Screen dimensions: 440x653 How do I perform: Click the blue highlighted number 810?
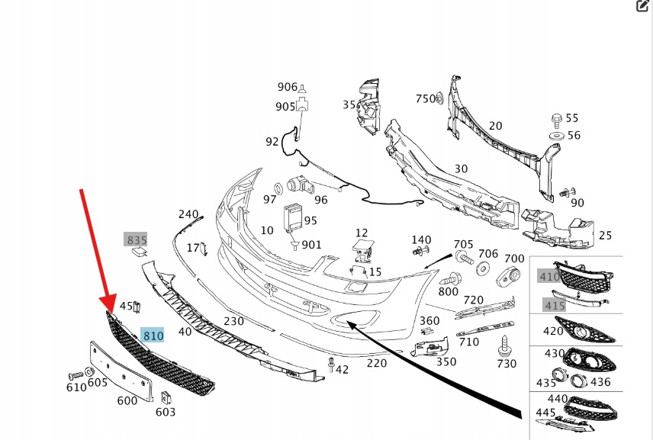[x=153, y=335]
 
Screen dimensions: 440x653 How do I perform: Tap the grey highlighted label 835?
[x=137, y=240]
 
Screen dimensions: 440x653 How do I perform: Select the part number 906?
[x=287, y=87]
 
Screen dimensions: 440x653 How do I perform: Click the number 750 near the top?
[x=424, y=98]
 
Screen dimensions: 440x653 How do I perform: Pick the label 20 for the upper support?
[x=495, y=126]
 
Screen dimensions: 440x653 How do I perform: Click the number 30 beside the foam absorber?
[x=461, y=169]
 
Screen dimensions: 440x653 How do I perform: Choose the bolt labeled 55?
[x=556, y=119]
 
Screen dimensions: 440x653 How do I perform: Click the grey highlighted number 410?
[x=549, y=276]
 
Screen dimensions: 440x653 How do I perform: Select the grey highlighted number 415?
[x=555, y=305]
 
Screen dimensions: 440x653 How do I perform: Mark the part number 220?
[x=376, y=363]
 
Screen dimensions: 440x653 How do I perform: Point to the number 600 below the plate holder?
[x=127, y=400]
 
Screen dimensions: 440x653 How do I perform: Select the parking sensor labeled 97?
[x=280, y=188]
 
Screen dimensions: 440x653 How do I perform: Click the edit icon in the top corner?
[x=642, y=7]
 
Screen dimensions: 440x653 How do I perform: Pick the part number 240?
[x=188, y=214]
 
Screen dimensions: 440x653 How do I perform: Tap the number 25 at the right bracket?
[x=605, y=236]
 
